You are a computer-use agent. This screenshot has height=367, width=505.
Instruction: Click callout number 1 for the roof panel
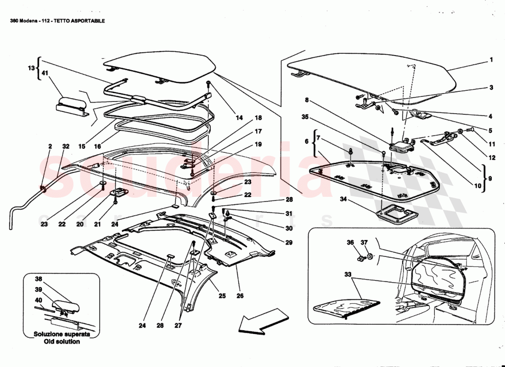pyautogui.click(x=491, y=60)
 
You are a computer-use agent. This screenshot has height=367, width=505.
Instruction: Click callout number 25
pyautogui.click(x=222, y=296)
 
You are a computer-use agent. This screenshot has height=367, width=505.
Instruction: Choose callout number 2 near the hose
pyautogui.click(x=50, y=146)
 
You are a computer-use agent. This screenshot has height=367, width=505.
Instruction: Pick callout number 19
pyautogui.click(x=258, y=144)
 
